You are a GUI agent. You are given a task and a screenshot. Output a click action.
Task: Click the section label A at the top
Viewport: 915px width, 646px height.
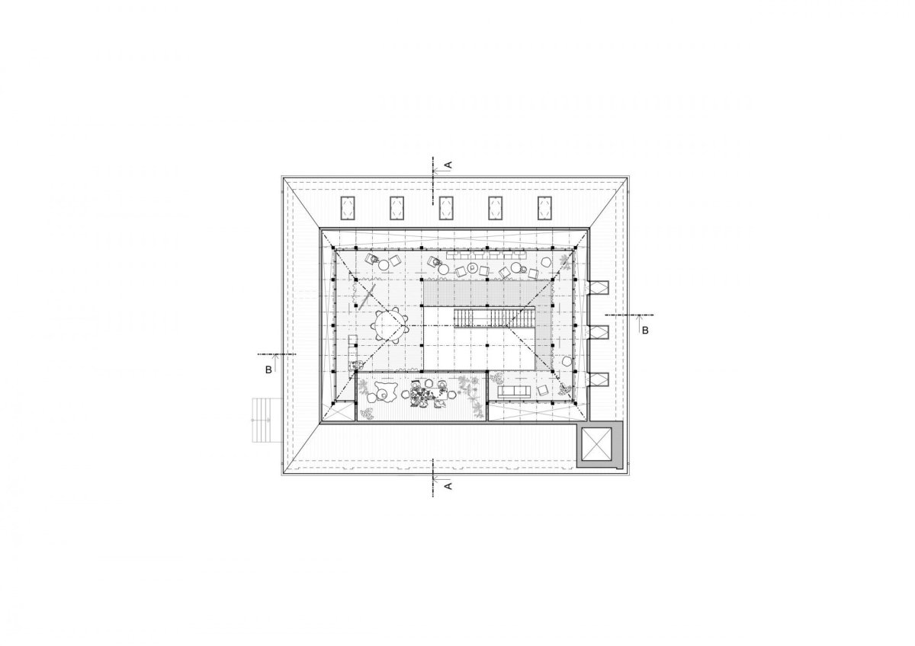tap(448, 165)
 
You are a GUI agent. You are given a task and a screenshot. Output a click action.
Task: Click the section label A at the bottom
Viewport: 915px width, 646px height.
tap(448, 486)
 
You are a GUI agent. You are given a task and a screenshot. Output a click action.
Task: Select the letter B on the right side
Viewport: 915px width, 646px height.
tap(645, 331)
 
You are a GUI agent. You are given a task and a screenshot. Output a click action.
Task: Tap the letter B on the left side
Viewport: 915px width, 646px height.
tap(268, 370)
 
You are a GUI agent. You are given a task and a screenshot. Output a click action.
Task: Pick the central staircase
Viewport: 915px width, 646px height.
tap(494, 318)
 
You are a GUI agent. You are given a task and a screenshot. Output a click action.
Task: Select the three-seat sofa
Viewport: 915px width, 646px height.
tap(514, 392)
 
